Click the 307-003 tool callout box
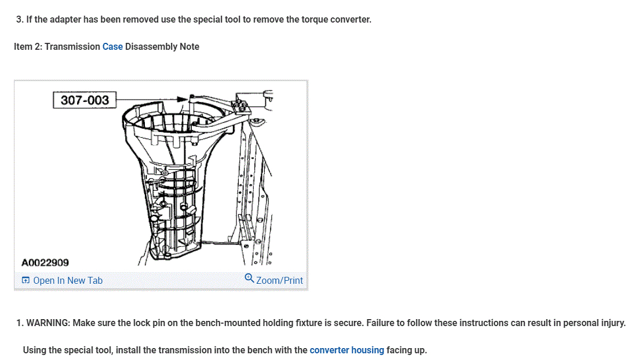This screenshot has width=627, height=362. (85, 100)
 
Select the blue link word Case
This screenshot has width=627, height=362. (112, 46)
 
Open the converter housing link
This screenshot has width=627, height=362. (347, 350)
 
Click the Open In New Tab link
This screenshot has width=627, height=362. (68, 280)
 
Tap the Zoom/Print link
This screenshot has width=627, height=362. (279, 280)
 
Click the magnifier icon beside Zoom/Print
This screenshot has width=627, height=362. (249, 279)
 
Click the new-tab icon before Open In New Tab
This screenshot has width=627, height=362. (25, 280)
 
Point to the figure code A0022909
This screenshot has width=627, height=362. (45, 262)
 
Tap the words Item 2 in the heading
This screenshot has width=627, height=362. (28, 46)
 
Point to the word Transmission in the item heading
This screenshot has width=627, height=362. (72, 46)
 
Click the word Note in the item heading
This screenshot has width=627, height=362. (189, 46)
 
